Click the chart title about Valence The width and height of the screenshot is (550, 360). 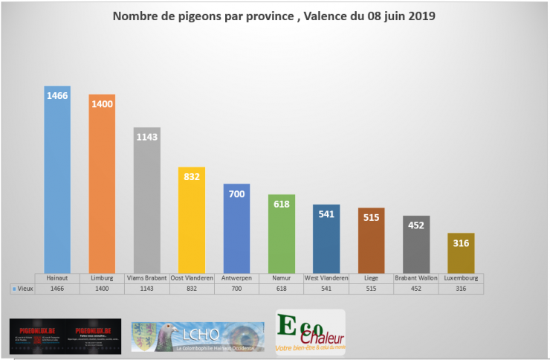(x=274, y=16)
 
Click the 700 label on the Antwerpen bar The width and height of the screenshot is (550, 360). (x=236, y=193)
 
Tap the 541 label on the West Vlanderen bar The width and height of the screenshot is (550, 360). (x=326, y=214)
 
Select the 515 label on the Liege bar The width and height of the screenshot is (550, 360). (x=371, y=217)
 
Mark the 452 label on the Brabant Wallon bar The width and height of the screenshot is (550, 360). (x=416, y=226)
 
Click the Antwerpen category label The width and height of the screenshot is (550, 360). (x=236, y=277)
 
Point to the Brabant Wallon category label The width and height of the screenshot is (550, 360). (x=416, y=277)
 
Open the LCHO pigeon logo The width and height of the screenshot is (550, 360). (x=198, y=336)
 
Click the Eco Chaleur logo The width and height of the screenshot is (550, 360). (x=310, y=332)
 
